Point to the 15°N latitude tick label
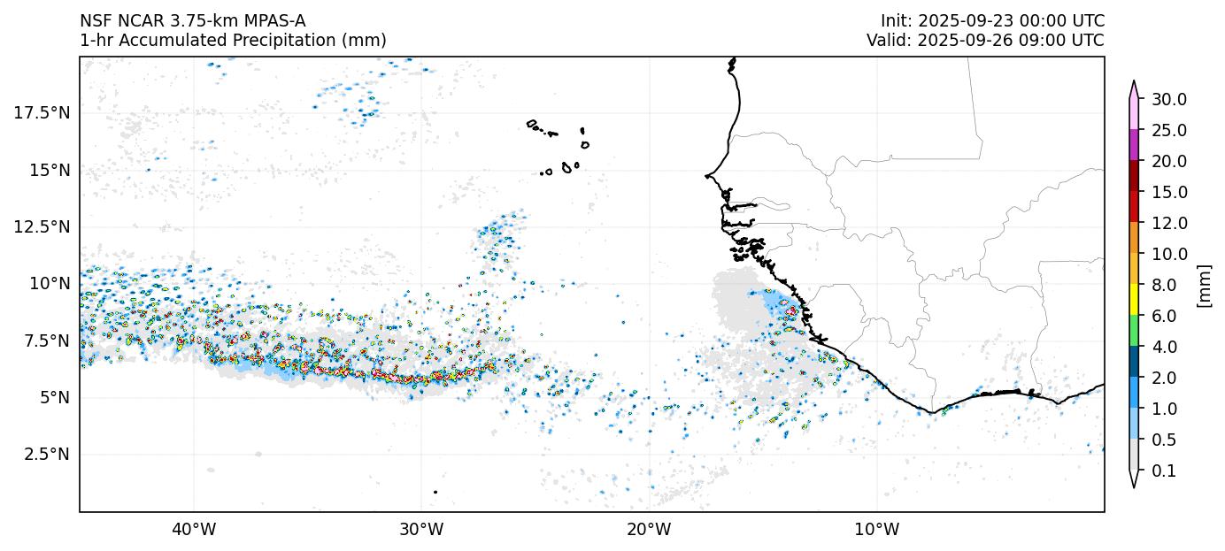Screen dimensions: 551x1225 coord(50,170)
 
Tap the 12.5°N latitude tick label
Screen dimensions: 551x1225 coord(42,226)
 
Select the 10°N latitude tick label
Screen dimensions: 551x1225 coord(50,283)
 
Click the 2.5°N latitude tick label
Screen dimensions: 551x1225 coord(46,454)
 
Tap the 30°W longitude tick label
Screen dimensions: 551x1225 coord(420,530)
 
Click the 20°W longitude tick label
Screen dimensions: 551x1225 coord(649,530)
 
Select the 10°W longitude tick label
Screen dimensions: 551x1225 coord(876,530)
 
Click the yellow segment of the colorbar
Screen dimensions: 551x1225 coord(1133,301)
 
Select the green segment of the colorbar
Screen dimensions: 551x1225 coord(1133,332)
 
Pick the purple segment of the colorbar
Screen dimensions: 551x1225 coord(1133,145)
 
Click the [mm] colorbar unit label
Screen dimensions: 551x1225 coord(1203,285)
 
